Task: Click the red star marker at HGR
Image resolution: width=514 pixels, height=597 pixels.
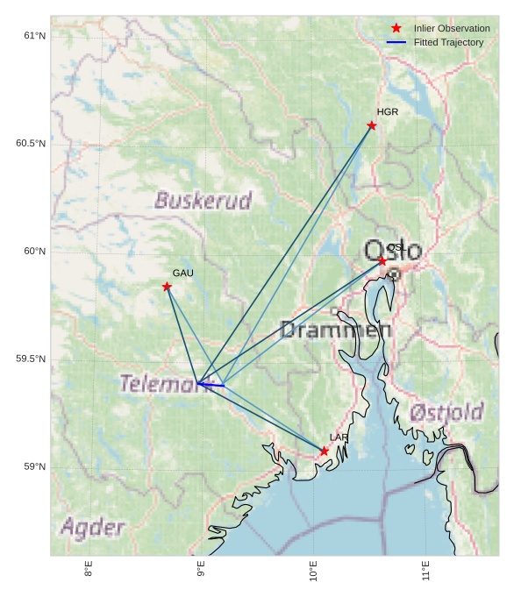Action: [x=372, y=125]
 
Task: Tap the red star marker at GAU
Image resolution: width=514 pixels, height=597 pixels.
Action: [x=167, y=287]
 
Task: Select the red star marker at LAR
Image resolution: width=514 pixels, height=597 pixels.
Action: [x=325, y=451]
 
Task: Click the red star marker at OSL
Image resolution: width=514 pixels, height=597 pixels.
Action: [x=382, y=261]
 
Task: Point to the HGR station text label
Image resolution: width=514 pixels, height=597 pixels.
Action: [x=387, y=112]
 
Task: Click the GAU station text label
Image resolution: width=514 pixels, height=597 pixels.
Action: [x=182, y=274]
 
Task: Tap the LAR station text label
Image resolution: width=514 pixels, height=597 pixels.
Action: [x=339, y=437]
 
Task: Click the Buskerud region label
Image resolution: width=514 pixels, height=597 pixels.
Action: [x=203, y=201]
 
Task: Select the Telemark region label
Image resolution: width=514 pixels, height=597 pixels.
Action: [x=160, y=384]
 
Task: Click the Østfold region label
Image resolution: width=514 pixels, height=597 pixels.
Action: [x=446, y=412]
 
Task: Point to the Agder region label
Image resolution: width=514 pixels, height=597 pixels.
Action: [x=92, y=528]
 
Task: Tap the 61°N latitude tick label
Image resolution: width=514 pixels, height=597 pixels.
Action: [x=34, y=35]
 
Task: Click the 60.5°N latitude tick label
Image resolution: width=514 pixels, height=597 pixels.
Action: [x=31, y=143]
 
